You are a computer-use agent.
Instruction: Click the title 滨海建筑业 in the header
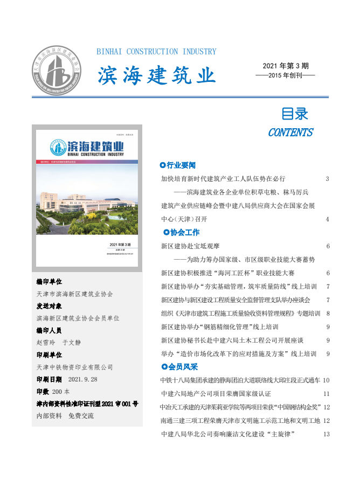[x=156, y=75]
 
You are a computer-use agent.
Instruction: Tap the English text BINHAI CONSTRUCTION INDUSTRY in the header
[x=156, y=52]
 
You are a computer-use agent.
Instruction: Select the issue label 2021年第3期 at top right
[x=286, y=66]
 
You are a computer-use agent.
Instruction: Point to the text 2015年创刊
[x=286, y=75]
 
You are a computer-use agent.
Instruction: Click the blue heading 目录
[x=295, y=114]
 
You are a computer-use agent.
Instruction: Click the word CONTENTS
[x=290, y=133]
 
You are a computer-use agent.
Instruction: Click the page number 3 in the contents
[x=328, y=178]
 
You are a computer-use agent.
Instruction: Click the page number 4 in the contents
[x=328, y=219]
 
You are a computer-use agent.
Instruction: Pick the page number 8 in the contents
[x=328, y=313]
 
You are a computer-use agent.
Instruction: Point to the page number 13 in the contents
[x=326, y=434]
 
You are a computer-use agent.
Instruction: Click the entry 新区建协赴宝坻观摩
[x=190, y=246]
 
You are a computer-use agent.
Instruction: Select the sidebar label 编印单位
[x=49, y=282]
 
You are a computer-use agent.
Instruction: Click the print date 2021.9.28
[x=82, y=379]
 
